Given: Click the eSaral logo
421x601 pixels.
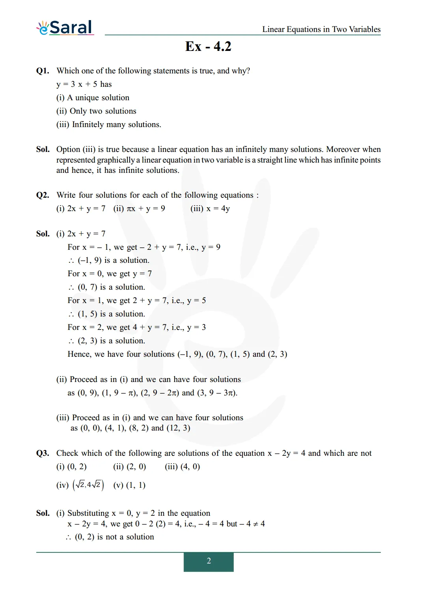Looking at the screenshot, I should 65,28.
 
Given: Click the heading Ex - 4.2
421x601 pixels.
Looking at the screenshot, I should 208,47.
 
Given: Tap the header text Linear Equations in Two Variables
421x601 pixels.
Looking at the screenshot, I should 321,29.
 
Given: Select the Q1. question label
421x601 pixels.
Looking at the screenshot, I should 43,71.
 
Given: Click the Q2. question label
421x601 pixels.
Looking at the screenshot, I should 43,195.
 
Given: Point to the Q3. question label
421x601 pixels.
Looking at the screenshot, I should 43,453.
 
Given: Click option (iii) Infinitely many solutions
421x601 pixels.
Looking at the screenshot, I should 109,125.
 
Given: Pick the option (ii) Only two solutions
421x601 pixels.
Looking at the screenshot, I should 97,111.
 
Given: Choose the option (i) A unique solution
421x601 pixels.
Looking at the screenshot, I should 93,98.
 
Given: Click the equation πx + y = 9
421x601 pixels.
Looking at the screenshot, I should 145,209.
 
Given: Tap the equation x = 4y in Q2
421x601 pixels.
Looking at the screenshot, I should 218,209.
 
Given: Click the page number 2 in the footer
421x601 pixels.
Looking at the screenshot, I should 209,561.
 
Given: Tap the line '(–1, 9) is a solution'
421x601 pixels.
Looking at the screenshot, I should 113,260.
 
